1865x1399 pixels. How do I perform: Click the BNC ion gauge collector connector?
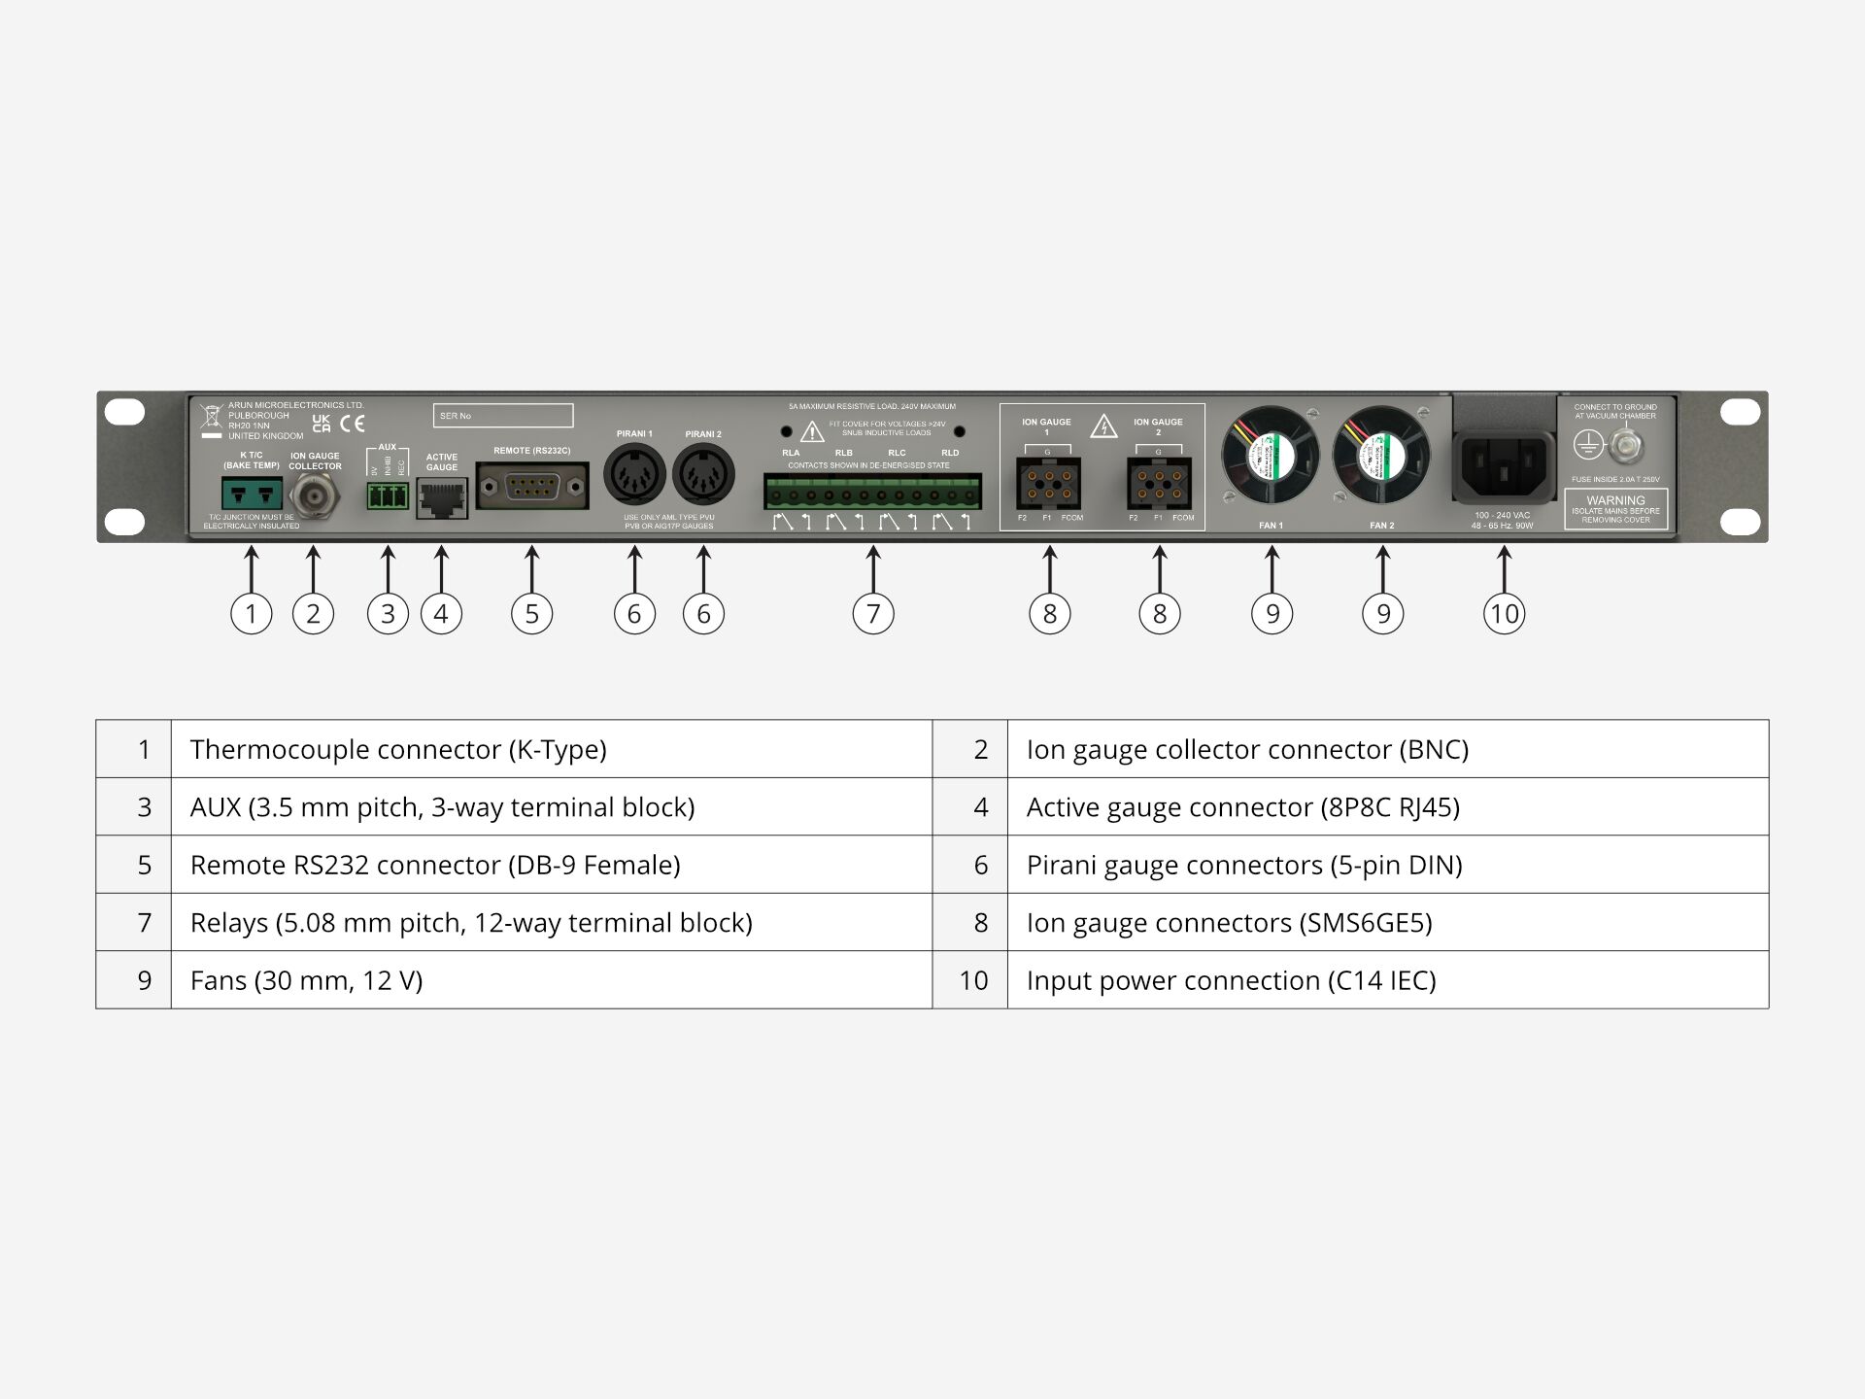point(314,496)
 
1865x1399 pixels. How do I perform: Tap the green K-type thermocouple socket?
point(252,494)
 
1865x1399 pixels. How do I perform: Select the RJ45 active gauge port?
point(442,499)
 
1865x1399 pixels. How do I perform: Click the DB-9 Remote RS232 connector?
point(532,485)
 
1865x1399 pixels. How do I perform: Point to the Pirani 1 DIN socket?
point(634,475)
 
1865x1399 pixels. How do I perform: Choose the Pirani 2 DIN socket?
point(703,475)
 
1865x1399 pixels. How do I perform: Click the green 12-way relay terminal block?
point(872,493)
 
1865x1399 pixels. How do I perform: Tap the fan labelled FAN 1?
point(1271,455)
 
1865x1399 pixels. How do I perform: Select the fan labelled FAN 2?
point(1381,455)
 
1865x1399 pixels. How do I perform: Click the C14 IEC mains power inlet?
point(1504,467)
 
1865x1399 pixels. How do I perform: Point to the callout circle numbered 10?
point(1504,614)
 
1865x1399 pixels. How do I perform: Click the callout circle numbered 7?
point(873,614)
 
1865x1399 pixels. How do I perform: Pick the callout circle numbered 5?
point(532,614)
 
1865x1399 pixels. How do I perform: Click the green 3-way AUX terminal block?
point(388,496)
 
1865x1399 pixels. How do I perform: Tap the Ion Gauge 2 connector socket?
point(1159,484)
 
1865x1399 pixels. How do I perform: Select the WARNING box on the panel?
point(1615,509)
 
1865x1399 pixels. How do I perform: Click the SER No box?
point(503,416)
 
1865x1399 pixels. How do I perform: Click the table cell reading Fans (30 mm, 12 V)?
point(551,980)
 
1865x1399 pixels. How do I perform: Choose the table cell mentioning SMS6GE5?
point(1387,922)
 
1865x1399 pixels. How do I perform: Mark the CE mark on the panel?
point(353,424)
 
